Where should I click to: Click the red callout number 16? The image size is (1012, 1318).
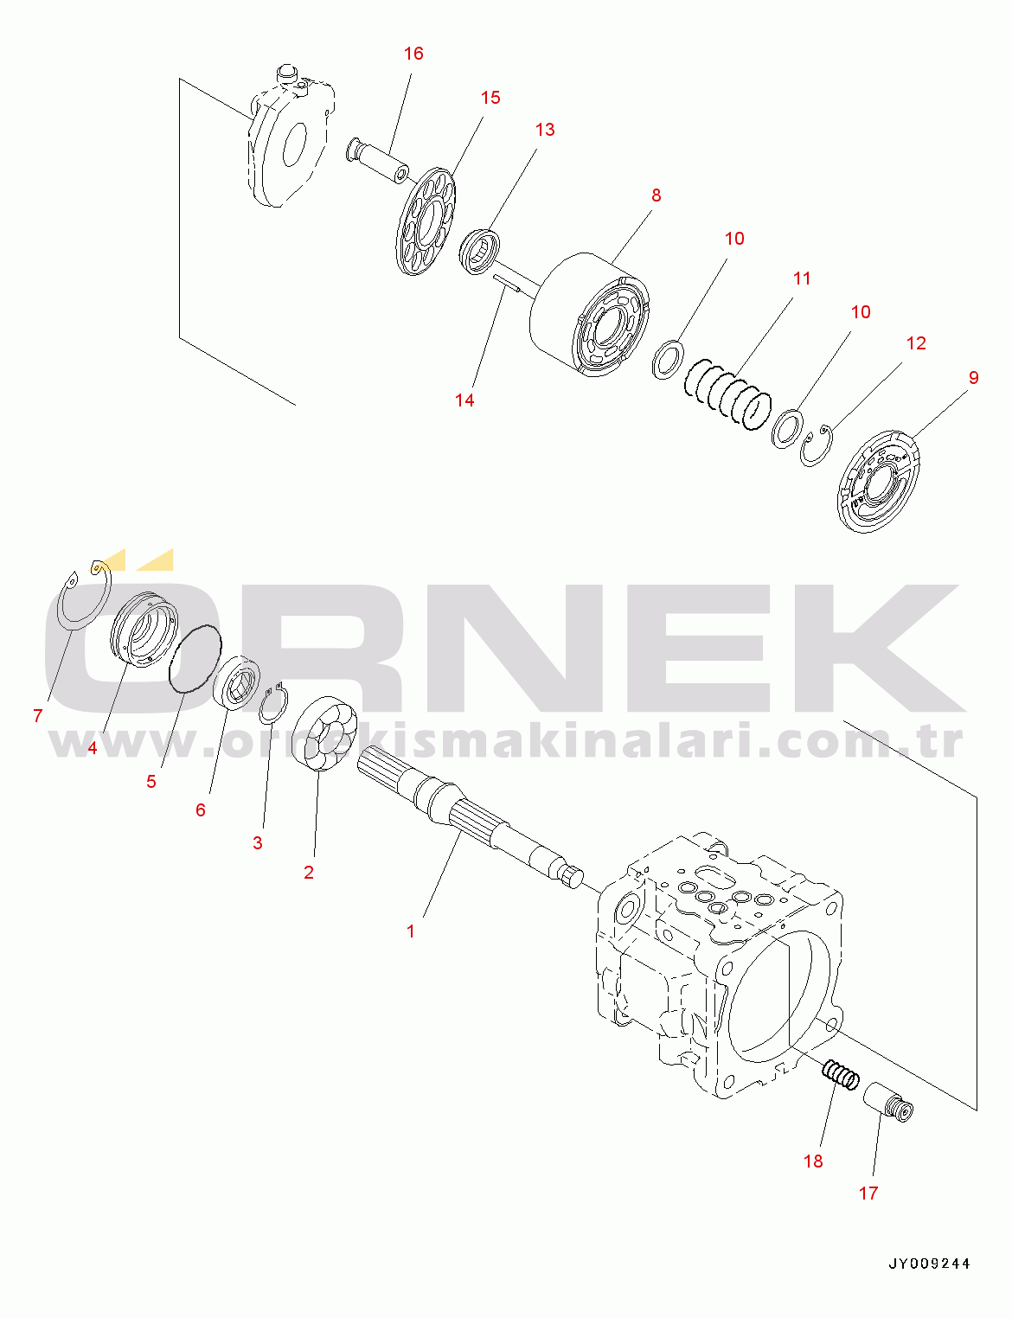click(413, 54)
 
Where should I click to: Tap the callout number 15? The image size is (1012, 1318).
click(490, 98)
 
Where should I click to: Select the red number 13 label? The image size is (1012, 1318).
click(544, 130)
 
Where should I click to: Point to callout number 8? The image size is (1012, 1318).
click(656, 195)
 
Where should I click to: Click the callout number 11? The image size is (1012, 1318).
click(802, 278)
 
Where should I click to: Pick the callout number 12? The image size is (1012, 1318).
click(916, 343)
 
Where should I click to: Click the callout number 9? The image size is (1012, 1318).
click(973, 378)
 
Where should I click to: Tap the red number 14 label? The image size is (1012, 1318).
click(464, 400)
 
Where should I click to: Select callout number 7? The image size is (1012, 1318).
click(37, 716)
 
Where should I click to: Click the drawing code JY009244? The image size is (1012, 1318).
click(929, 1264)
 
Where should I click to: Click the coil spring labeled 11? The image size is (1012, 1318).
click(727, 395)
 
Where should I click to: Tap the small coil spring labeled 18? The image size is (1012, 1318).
click(840, 1075)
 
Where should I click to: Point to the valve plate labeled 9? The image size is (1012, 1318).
click(878, 481)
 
